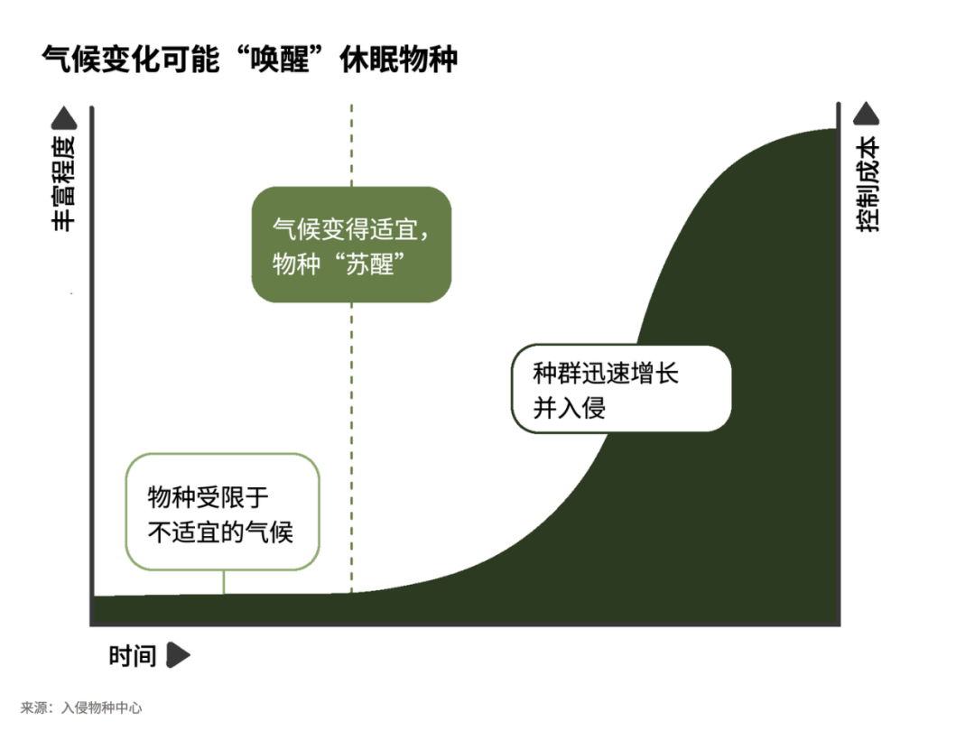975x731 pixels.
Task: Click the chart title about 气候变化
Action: (249, 60)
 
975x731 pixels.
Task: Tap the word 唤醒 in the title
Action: (279, 60)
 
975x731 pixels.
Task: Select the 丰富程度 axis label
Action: (63, 184)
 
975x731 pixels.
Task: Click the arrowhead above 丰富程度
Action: (63, 118)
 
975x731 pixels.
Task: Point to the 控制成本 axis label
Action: (868, 184)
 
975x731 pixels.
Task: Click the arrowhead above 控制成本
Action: (866, 113)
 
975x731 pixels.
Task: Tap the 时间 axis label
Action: (132, 656)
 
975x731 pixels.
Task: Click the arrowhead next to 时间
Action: (179, 655)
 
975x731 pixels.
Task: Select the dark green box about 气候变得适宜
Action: (351, 245)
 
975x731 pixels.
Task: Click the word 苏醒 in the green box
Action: (369, 264)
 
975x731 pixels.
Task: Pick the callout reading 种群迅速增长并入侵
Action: (621, 389)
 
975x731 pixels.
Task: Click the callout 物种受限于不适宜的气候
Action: (223, 512)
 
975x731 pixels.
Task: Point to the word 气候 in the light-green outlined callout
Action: (269, 532)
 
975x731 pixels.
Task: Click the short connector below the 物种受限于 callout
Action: (224, 582)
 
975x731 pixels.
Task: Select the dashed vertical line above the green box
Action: (351, 145)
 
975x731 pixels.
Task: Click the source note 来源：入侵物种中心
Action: (81, 708)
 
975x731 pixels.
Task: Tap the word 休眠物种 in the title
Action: (399, 60)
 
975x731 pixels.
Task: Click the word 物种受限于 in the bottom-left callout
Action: (209, 497)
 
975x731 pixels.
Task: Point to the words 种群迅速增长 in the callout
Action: (606, 374)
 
